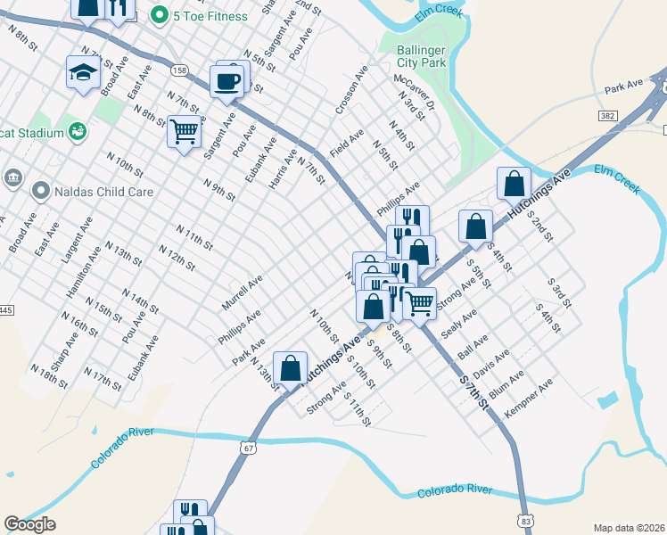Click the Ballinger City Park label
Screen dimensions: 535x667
point(421,56)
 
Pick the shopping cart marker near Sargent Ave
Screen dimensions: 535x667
point(184,131)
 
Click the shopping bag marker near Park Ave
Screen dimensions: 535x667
point(290,367)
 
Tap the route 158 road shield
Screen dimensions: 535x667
point(180,70)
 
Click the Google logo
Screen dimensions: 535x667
point(30,524)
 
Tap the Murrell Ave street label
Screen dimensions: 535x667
point(242,292)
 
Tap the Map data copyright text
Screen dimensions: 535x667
point(630,528)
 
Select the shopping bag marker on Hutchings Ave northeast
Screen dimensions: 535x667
point(514,185)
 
